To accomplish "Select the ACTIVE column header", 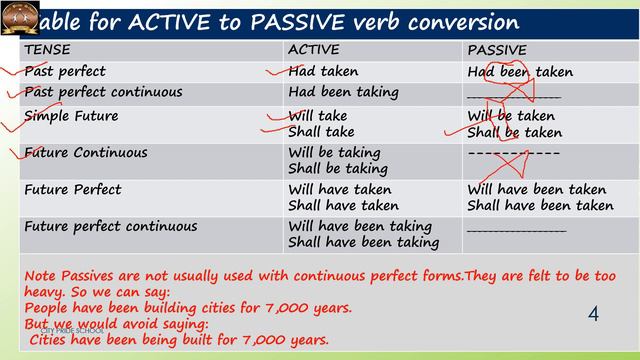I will [313, 49].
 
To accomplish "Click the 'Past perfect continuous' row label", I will [104, 92].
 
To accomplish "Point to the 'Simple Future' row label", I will [71, 116].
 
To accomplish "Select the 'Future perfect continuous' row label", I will [110, 226].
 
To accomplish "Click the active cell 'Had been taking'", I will [342, 92].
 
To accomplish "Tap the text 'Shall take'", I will [321, 132].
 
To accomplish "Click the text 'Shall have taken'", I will [343, 206].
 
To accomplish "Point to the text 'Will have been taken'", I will [537, 189].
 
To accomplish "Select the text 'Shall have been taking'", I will [363, 243].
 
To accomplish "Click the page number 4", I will [593, 315].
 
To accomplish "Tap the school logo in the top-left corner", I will [20, 17].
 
